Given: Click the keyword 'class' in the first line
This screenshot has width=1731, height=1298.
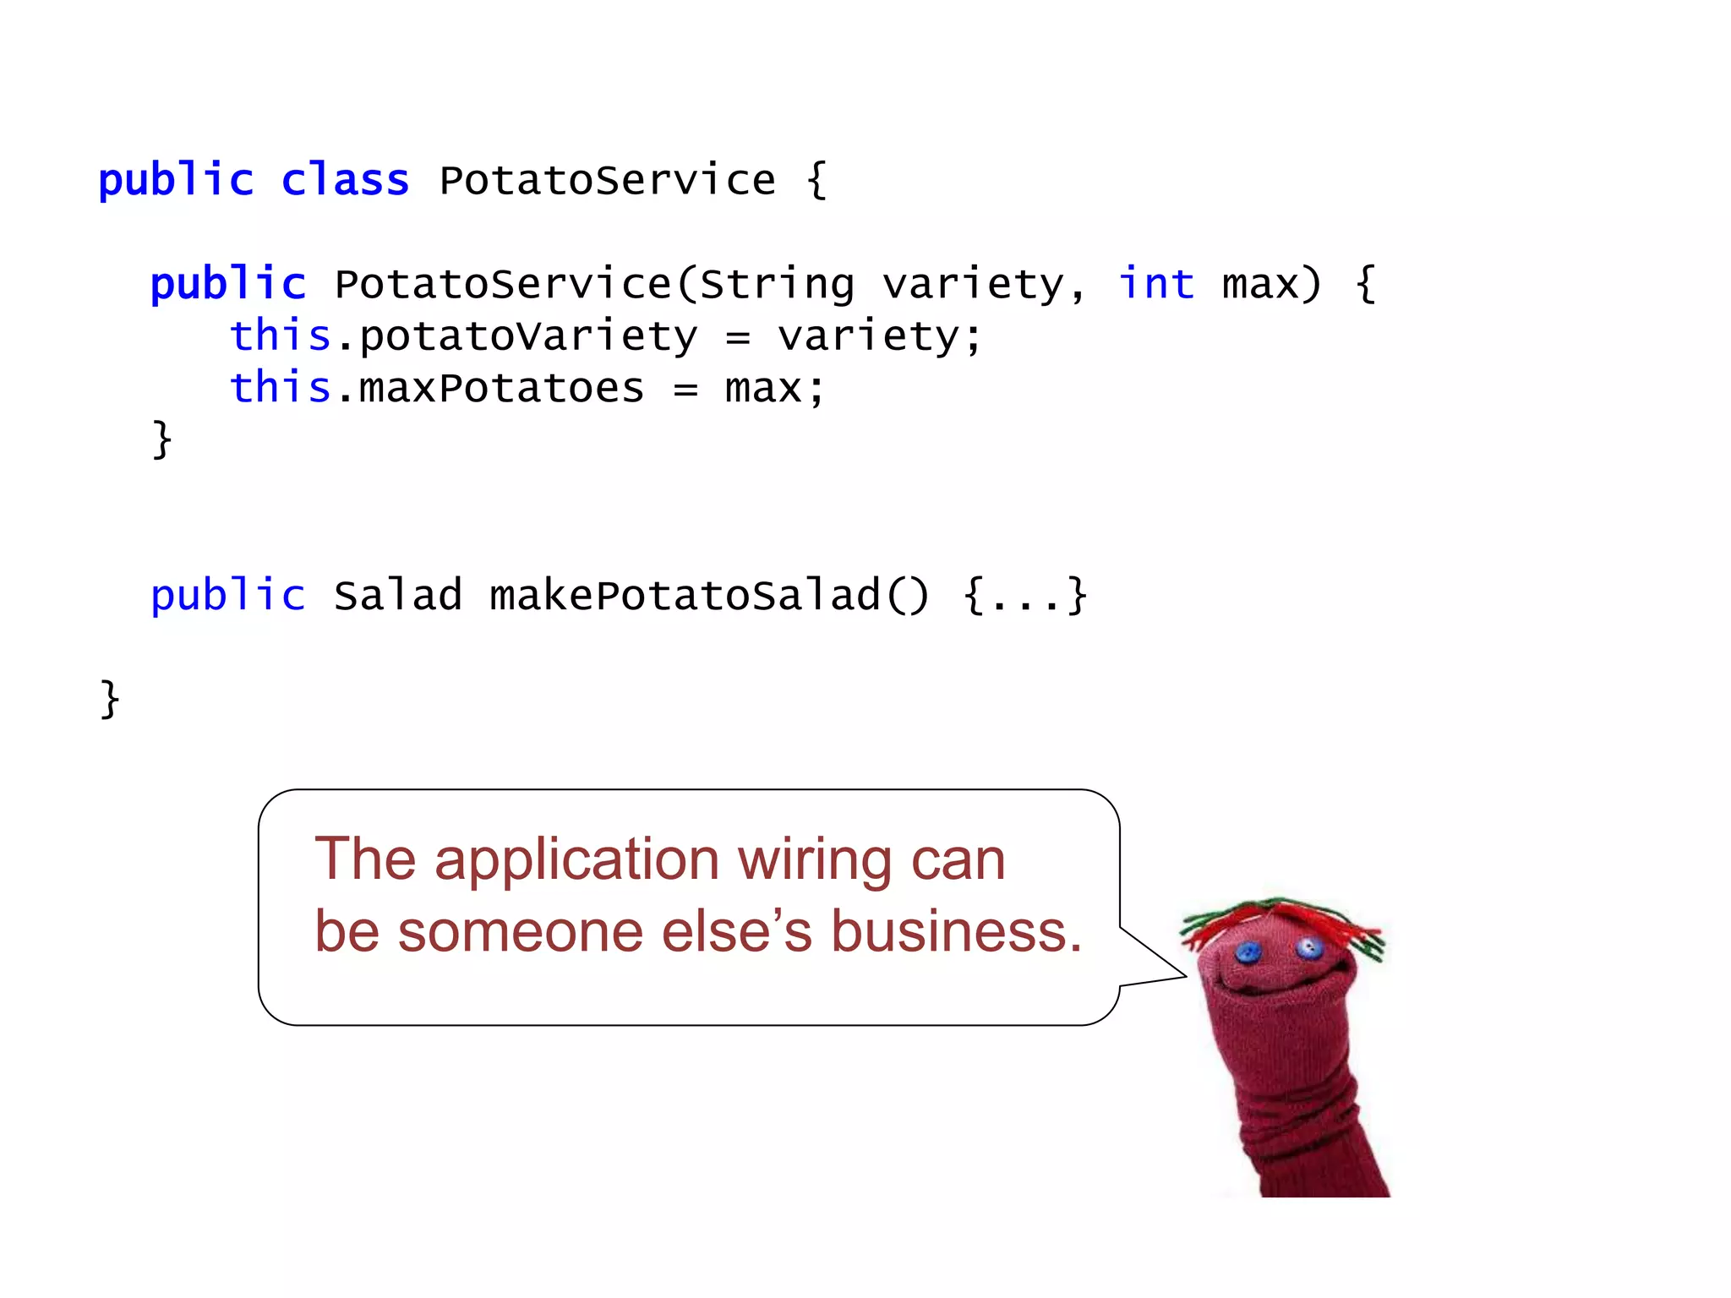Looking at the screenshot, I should [x=345, y=180].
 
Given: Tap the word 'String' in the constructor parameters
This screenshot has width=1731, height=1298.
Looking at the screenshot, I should [x=777, y=285].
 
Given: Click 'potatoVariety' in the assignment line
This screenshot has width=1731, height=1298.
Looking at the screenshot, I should [x=528, y=336].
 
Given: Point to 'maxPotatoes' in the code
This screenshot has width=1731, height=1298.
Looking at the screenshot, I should [x=501, y=389].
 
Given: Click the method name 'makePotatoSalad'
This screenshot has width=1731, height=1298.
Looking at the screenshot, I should [x=685, y=595].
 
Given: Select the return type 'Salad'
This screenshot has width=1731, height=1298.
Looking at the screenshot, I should [x=397, y=595].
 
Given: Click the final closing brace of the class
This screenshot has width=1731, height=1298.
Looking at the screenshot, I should [x=110, y=699].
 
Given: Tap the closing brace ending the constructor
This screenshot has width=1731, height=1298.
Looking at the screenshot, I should [x=161, y=439].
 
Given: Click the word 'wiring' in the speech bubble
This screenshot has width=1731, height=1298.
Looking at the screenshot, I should [x=814, y=860].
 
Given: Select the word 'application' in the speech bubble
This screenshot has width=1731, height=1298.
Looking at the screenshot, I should [x=577, y=860].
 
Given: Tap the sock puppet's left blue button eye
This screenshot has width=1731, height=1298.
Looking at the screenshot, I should [x=1248, y=953].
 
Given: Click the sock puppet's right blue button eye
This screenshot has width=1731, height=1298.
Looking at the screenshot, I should [x=1309, y=947].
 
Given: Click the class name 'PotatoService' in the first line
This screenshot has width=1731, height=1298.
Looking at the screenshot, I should [x=607, y=180].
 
